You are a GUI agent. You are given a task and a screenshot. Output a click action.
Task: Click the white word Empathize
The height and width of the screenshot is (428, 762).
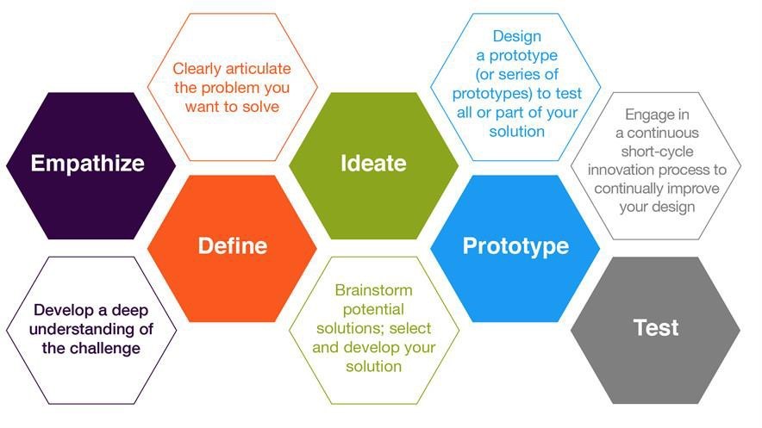click(87, 164)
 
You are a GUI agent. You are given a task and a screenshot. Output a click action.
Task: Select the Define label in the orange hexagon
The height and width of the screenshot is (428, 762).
click(232, 245)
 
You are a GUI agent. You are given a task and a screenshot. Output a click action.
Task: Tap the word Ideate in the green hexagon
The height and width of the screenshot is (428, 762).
click(373, 163)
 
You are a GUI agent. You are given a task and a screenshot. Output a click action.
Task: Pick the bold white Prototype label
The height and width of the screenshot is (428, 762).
click(515, 246)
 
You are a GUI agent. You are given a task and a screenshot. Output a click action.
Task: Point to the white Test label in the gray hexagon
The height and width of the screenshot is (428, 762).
click(656, 327)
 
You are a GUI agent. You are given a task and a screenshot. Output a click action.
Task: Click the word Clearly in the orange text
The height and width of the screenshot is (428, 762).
click(197, 69)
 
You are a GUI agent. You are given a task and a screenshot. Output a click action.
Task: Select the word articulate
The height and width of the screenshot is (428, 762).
click(258, 68)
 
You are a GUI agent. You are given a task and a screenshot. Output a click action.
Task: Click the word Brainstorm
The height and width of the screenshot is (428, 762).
click(374, 289)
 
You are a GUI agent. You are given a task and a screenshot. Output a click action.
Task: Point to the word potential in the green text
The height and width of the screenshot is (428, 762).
click(373, 310)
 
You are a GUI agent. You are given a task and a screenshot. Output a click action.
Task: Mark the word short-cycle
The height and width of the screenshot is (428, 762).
click(657, 152)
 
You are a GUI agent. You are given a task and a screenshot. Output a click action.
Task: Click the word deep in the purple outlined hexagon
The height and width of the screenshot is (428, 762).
click(130, 311)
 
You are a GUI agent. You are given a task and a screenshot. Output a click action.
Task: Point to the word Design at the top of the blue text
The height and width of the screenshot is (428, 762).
click(516, 36)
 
